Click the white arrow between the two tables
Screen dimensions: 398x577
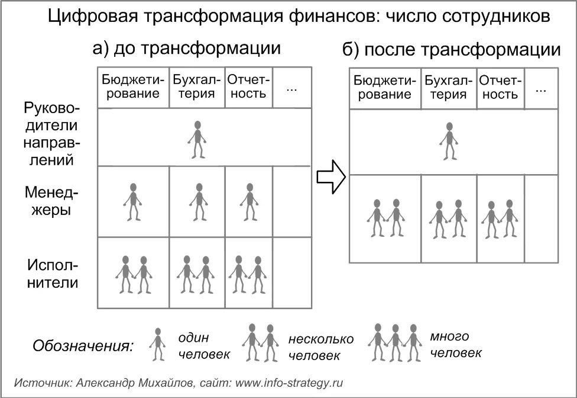pyautogui.click(x=330, y=176)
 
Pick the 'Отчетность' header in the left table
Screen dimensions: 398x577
pyautogui.click(x=248, y=86)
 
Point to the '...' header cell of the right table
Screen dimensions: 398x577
pyautogui.click(x=540, y=89)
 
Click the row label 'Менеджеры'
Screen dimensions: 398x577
pyautogui.click(x=52, y=201)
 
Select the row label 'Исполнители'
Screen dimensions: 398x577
pyautogui.click(x=52, y=273)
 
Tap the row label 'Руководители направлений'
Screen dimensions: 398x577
pyautogui.click(x=52, y=134)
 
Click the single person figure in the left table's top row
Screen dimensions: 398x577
pyautogui.click(x=197, y=140)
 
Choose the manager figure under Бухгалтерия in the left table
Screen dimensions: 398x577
pyautogui.click(x=197, y=202)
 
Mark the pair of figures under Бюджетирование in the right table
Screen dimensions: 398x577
pyautogui.click(x=385, y=218)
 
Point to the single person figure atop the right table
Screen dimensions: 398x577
pyautogui.click(x=449, y=141)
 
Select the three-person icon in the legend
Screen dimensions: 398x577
pyautogui.click(x=395, y=342)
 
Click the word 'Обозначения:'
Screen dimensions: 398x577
pyautogui.click(x=83, y=346)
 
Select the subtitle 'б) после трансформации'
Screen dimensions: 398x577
pyautogui.click(x=452, y=50)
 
